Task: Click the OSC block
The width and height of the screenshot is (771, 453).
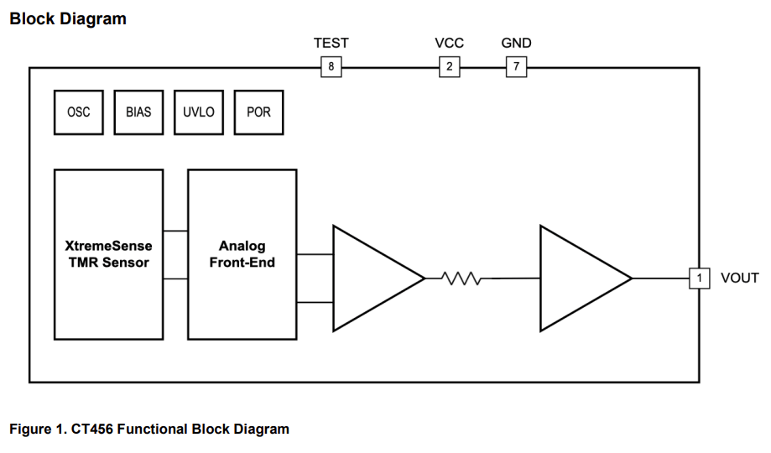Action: [79, 112]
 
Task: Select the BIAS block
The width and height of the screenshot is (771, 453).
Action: [138, 112]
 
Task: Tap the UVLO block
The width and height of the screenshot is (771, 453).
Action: [199, 112]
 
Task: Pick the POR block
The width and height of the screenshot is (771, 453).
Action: [258, 112]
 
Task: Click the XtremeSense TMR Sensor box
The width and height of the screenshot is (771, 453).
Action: [108, 254]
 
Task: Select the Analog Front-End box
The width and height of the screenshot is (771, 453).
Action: [242, 254]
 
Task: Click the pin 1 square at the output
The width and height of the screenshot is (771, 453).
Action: [699, 278]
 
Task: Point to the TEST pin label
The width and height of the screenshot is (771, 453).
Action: [331, 44]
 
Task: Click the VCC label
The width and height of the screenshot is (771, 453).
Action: [449, 44]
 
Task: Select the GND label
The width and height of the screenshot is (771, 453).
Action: [516, 44]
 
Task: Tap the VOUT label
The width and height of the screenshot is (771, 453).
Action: [739, 279]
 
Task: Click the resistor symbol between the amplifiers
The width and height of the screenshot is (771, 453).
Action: [460, 278]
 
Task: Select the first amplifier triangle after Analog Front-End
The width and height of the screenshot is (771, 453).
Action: [369, 278]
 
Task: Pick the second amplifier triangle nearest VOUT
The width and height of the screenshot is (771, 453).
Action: [577, 278]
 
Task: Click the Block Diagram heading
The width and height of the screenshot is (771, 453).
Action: [67, 18]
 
